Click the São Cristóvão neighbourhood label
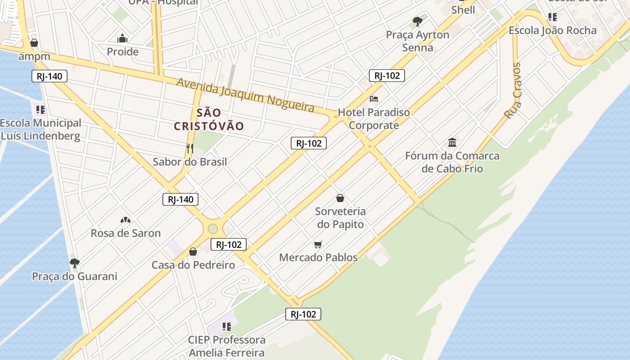tap(209, 119)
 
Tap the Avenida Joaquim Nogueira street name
tap(245, 94)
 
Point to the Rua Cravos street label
tap(513, 90)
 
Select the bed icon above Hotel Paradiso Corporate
tap(374, 99)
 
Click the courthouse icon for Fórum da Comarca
tap(452, 143)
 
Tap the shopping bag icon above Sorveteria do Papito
tap(340, 198)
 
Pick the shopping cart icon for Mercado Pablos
tap(318, 244)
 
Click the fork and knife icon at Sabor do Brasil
tap(190, 148)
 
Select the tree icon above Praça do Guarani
tap(75, 263)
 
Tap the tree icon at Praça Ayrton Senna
tap(418, 21)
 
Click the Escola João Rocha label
tap(553, 31)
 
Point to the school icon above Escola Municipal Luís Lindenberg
tap(40, 109)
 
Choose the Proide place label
tap(122, 52)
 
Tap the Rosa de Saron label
tap(126, 233)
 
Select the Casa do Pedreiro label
tap(193, 265)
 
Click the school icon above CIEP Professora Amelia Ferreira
tap(227, 326)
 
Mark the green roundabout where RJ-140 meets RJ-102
tap(213, 229)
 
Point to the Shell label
tap(463, 10)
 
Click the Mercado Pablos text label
tap(318, 257)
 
